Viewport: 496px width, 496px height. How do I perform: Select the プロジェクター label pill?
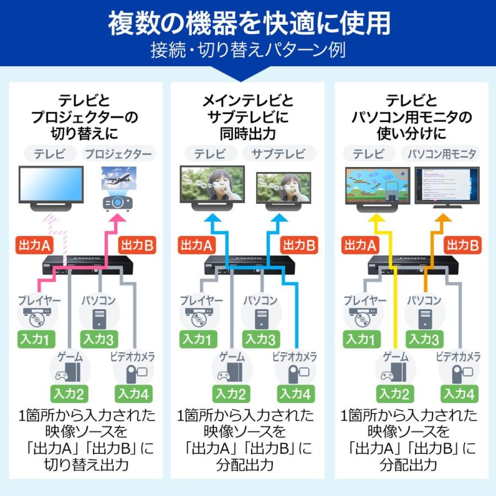(x=119, y=154)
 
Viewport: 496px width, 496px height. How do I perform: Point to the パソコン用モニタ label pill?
(x=441, y=154)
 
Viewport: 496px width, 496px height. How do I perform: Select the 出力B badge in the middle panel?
(x=298, y=246)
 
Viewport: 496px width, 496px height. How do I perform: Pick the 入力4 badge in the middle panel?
(x=296, y=393)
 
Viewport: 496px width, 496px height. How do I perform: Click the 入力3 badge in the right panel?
(x=424, y=339)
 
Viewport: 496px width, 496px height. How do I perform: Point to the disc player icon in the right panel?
(x=362, y=319)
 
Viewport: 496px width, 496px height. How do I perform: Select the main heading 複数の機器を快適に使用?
(x=249, y=23)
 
